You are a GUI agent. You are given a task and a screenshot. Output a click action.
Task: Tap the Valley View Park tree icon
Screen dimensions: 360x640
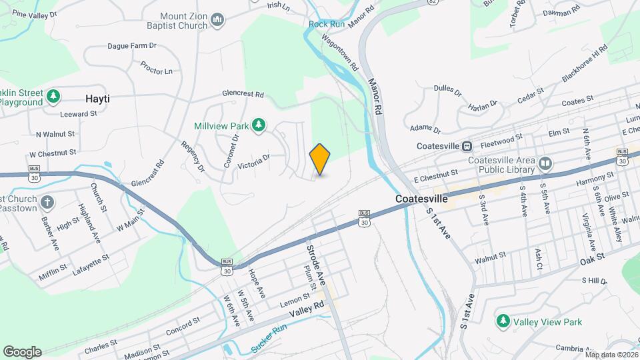503,322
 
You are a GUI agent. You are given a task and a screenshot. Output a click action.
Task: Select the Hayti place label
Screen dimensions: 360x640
97,99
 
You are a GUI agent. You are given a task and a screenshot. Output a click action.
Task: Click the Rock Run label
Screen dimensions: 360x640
326,25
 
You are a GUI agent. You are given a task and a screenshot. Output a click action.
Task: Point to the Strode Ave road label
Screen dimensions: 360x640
315,263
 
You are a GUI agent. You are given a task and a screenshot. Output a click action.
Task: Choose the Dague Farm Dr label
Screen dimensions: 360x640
131,46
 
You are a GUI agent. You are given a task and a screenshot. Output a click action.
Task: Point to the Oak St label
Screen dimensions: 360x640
591,257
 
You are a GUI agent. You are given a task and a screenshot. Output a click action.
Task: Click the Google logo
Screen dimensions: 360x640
22,352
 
